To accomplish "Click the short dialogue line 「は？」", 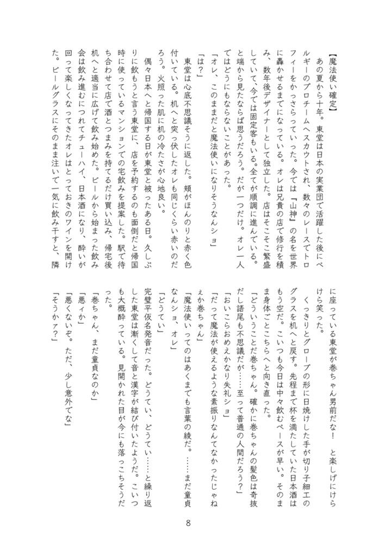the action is pyautogui.click(x=199, y=68).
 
